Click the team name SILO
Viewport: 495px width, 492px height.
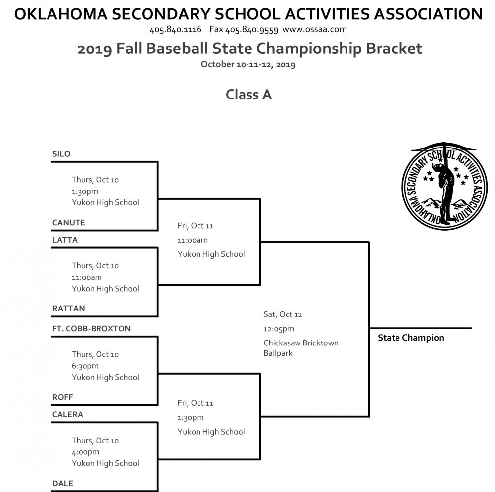[x=61, y=154]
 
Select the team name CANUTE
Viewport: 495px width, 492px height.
[x=69, y=223]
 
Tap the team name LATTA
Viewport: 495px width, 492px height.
[x=65, y=240]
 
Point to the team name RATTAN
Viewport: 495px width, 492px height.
[x=69, y=309]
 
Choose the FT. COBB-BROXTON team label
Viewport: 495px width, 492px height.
[x=92, y=329]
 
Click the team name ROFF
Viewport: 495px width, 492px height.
[x=62, y=397]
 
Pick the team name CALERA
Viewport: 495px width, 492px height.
[x=68, y=415]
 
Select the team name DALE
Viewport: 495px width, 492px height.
[x=63, y=484]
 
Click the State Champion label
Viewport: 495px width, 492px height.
[x=410, y=338]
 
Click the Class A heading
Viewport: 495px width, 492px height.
[x=248, y=94]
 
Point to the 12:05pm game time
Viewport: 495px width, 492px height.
[x=278, y=329]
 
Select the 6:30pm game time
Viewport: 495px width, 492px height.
[x=85, y=366]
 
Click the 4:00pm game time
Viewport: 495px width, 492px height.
[x=85, y=452]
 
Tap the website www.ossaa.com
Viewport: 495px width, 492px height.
[x=314, y=29]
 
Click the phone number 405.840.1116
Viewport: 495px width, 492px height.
[x=175, y=29]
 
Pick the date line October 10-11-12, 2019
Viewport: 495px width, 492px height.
[x=248, y=64]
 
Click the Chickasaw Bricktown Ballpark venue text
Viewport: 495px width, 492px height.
[x=300, y=348]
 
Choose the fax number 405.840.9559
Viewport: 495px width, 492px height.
[x=251, y=29]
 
